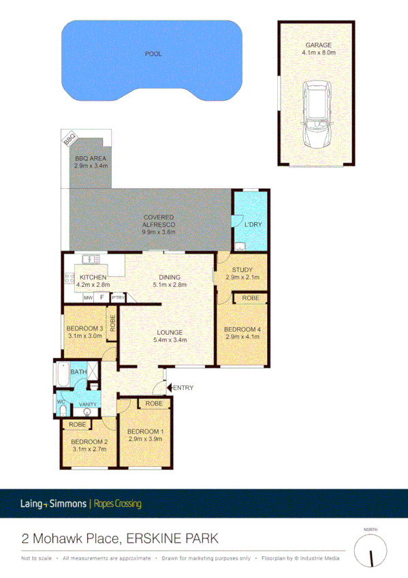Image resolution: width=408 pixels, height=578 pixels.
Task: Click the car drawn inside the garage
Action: (x=316, y=115)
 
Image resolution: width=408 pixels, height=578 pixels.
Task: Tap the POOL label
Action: (x=153, y=54)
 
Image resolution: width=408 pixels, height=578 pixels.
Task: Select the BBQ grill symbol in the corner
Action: (x=69, y=139)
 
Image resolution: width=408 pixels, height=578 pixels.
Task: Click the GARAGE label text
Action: (x=317, y=45)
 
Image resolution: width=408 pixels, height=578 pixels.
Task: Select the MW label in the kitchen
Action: (x=88, y=298)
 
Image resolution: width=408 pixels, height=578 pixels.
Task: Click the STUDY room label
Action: (x=242, y=271)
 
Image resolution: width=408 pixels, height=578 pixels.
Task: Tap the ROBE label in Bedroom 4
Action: (x=249, y=298)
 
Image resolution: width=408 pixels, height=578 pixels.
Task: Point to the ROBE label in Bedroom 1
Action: (x=154, y=404)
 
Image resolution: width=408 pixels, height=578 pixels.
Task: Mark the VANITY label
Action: (x=87, y=404)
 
